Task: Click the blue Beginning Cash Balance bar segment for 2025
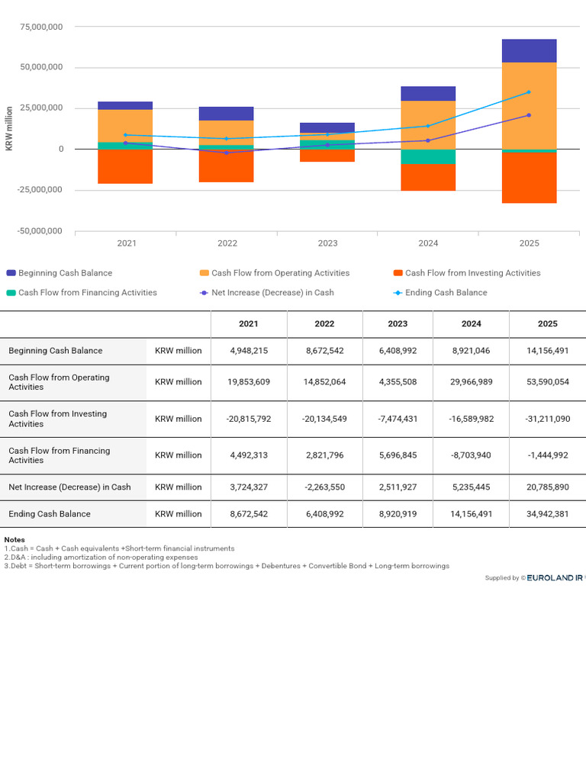pyautogui.click(x=530, y=51)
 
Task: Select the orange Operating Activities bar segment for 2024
pyautogui.click(x=428, y=125)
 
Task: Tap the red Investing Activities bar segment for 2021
pyautogui.click(x=125, y=166)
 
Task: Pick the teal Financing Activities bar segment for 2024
pyautogui.click(x=428, y=157)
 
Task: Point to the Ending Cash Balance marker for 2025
pyautogui.click(x=529, y=92)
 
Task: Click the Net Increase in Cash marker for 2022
pyautogui.click(x=226, y=153)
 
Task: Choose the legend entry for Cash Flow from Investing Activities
pyautogui.click(x=467, y=273)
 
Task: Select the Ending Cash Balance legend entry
pyautogui.click(x=440, y=293)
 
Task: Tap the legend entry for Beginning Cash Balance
pyautogui.click(x=60, y=273)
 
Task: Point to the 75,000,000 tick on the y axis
pyautogui.click(x=41, y=27)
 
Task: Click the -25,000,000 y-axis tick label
pyautogui.click(x=40, y=190)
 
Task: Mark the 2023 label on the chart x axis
pyautogui.click(x=327, y=243)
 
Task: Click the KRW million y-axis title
pyautogui.click(x=9, y=128)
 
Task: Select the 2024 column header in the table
pyautogui.click(x=472, y=323)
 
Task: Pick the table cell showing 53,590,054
pyautogui.click(x=548, y=382)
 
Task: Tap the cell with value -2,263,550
pyautogui.click(x=324, y=487)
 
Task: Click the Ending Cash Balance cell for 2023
pyautogui.click(x=398, y=514)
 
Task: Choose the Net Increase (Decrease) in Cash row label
pyautogui.click(x=69, y=487)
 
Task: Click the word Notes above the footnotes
pyautogui.click(x=14, y=540)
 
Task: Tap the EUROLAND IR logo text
pyautogui.click(x=555, y=578)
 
